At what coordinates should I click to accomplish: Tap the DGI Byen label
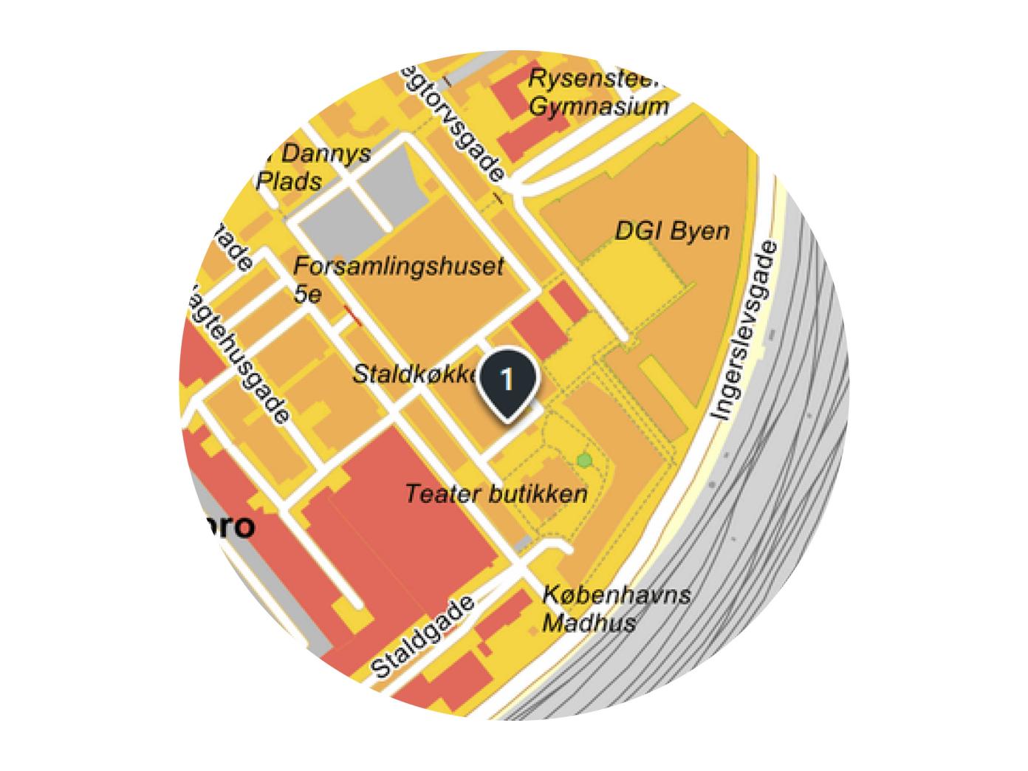672,231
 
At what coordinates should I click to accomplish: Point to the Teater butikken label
496,494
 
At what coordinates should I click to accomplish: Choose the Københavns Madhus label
616,609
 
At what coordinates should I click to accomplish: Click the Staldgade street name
422,638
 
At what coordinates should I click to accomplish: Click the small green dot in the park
585,461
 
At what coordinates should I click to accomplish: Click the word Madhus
589,623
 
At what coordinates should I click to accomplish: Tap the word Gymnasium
599,106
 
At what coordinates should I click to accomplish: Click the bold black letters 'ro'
236,526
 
